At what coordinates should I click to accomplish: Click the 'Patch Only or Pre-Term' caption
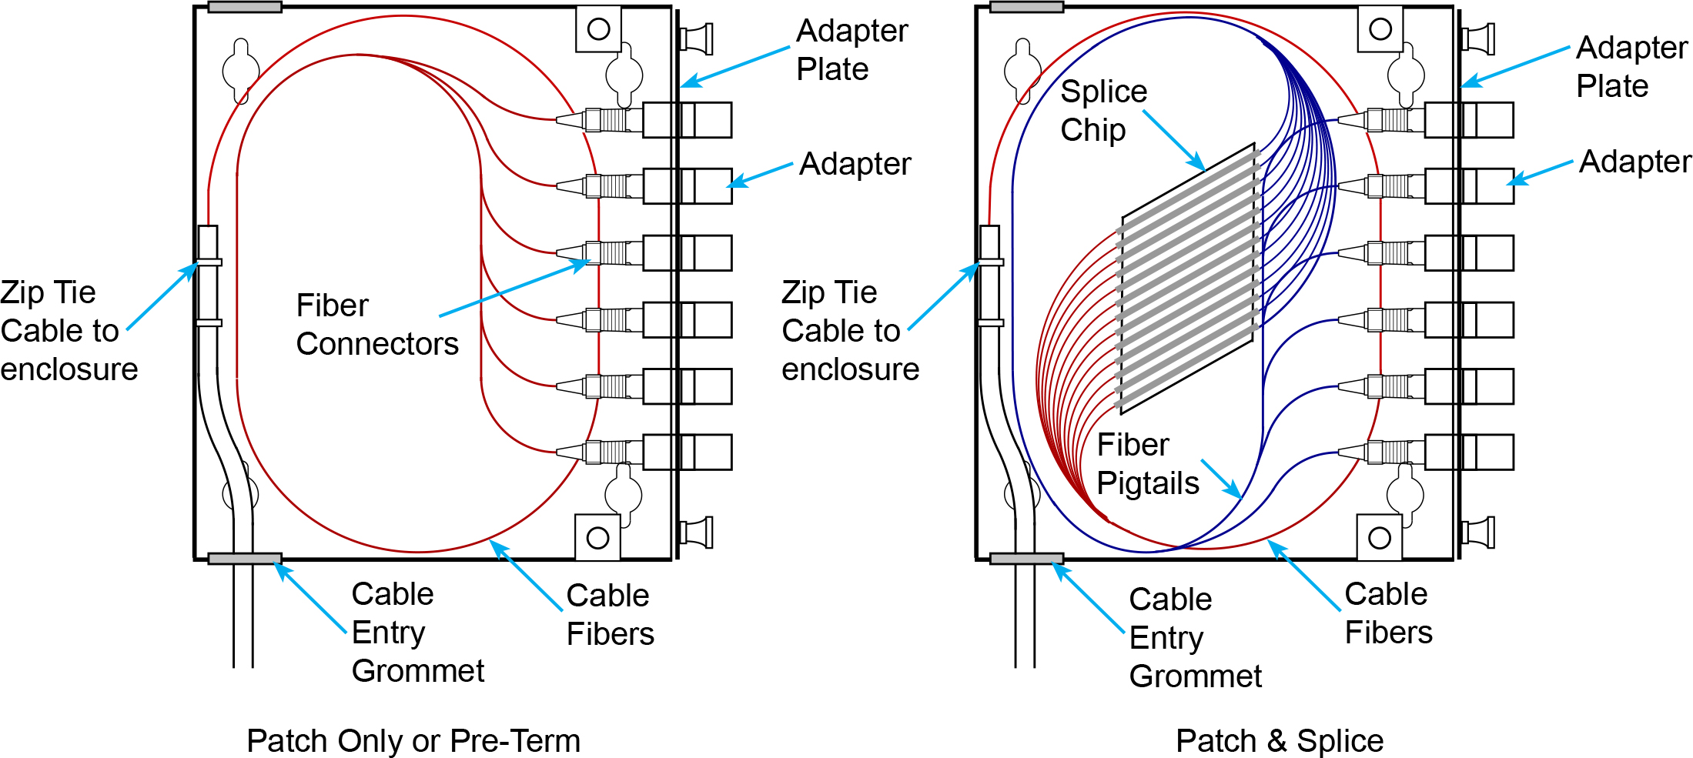point(413,740)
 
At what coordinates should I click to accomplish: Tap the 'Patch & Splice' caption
point(1280,740)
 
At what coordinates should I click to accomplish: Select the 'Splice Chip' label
point(1103,110)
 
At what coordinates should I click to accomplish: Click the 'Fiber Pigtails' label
point(1147,463)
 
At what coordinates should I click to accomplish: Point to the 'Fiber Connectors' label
point(376,324)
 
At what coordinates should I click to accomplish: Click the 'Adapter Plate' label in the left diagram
point(852,50)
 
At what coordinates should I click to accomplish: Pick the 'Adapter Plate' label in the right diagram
point(1631,66)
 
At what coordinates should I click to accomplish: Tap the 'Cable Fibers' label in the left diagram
point(610,614)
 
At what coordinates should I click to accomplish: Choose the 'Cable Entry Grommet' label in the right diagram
point(1195,637)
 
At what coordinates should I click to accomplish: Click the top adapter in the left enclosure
point(688,120)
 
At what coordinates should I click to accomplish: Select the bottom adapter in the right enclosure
point(1469,452)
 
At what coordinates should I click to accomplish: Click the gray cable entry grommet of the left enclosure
point(244,559)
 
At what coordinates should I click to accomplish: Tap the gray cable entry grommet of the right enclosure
point(1026,559)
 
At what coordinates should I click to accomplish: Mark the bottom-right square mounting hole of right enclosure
point(1380,537)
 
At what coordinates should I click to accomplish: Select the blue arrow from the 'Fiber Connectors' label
point(514,289)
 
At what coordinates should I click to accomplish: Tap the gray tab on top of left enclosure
point(244,7)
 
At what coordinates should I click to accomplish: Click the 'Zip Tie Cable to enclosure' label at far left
point(69,331)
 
